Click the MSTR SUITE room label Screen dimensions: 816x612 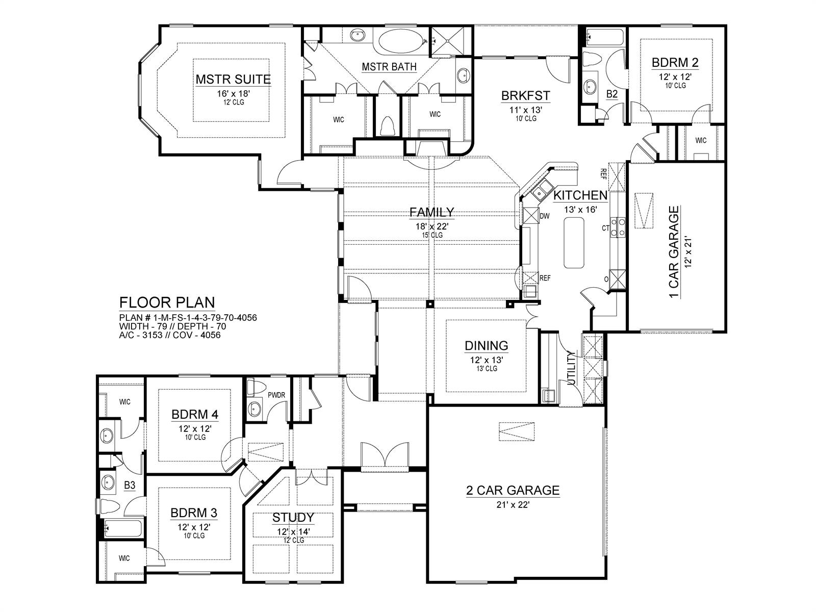tap(233, 79)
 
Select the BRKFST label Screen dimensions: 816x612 tap(525, 95)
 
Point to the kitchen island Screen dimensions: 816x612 tap(574, 242)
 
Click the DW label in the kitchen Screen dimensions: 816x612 tap(544, 216)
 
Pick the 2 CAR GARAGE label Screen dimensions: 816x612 tap(513, 490)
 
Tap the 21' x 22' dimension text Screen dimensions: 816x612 tap(513, 504)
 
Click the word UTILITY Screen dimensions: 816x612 tap(571, 368)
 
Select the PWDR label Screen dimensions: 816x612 tap(276, 395)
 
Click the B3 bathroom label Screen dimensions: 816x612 tap(130, 485)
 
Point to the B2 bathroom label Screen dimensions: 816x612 tap(611, 94)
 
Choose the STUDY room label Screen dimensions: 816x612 tap(293, 517)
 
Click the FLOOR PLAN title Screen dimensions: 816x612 tap(167, 302)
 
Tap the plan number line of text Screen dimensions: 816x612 tap(188, 318)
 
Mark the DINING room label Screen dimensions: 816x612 tap(486, 346)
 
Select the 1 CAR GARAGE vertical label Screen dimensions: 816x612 tap(673, 252)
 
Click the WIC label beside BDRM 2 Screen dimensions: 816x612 tap(701, 140)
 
